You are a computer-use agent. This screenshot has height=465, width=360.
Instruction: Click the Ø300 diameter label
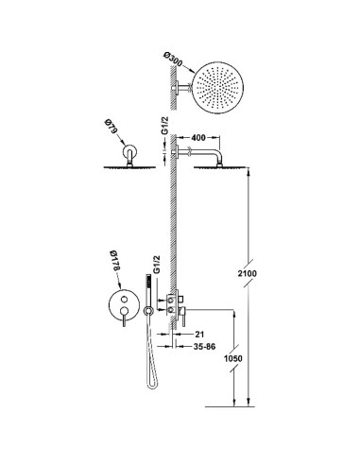(173, 60)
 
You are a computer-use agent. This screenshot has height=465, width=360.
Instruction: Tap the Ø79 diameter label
(111, 126)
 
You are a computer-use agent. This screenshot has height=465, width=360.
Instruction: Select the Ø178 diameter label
(114, 261)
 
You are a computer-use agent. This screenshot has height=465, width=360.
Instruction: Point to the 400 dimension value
(198, 138)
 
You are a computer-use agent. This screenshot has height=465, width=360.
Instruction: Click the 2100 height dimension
(247, 273)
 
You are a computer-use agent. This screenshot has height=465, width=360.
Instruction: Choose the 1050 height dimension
(233, 358)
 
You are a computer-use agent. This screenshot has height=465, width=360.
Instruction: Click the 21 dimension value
(199, 335)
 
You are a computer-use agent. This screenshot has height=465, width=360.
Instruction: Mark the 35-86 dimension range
(204, 347)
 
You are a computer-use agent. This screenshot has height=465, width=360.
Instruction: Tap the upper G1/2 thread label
(165, 126)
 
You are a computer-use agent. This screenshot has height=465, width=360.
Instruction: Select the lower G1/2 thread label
(157, 265)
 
